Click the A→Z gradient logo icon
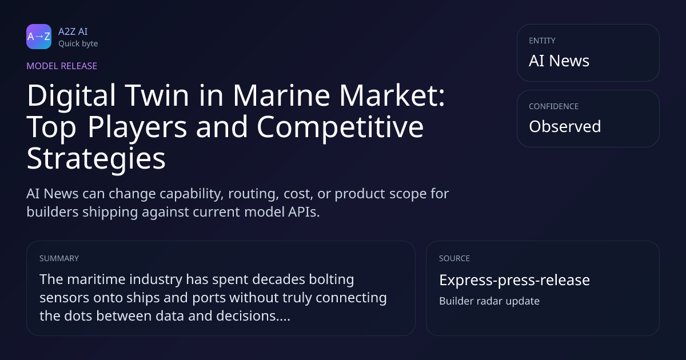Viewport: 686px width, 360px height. pyautogui.click(x=39, y=37)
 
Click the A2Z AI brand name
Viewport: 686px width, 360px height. pyautogui.click(x=73, y=31)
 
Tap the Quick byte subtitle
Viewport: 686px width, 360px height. pyautogui.click(x=78, y=44)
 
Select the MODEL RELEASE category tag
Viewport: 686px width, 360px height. pyautogui.click(x=62, y=66)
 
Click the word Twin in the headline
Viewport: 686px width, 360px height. pyautogui.click(x=157, y=95)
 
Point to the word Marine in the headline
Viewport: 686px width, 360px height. pyautogui.click(x=281, y=95)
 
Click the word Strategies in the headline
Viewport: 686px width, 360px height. pyautogui.click(x=96, y=159)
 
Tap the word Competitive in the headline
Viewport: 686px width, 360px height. pyautogui.click(x=340, y=127)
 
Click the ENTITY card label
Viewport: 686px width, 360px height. pyautogui.click(x=542, y=41)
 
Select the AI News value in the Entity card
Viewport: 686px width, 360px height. pyautogui.click(x=559, y=61)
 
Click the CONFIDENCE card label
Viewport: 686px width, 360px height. pyautogui.click(x=554, y=106)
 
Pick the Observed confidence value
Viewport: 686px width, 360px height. pyautogui.click(x=565, y=126)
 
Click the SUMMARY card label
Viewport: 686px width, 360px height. pyautogui.click(x=59, y=258)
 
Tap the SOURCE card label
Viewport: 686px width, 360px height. pyautogui.click(x=454, y=258)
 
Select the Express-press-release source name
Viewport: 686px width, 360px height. pyautogui.click(x=514, y=280)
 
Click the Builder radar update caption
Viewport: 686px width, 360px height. pyautogui.click(x=489, y=301)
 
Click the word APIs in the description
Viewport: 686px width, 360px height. pyautogui.click(x=304, y=212)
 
